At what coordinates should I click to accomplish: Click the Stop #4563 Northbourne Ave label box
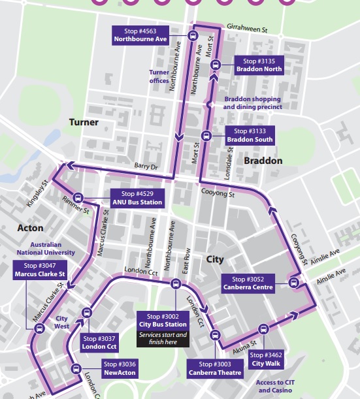pyautogui.click(x=140, y=35)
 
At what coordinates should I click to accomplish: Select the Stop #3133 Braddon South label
pyautogui.click(x=250, y=135)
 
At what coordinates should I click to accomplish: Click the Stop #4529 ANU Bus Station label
pyautogui.click(x=137, y=198)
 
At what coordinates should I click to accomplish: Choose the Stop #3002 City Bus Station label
pyautogui.click(x=163, y=320)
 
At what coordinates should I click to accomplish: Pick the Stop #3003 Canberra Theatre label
pyautogui.click(x=215, y=368)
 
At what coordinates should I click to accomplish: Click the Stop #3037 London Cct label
pyautogui.click(x=99, y=342)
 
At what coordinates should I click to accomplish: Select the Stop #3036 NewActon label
pyautogui.click(x=120, y=368)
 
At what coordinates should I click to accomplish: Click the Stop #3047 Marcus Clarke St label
pyautogui.click(x=40, y=270)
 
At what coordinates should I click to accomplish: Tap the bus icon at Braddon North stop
pyautogui.click(x=218, y=64)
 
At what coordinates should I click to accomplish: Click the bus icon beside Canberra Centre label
pyautogui.click(x=293, y=283)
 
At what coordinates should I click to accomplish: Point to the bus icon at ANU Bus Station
pyautogui.click(x=78, y=198)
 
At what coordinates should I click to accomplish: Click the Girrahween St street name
pyautogui.click(x=248, y=29)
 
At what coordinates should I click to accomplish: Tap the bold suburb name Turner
pyautogui.click(x=84, y=123)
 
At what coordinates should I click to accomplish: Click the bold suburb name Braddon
pyautogui.click(x=263, y=161)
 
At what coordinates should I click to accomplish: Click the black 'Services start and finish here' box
pyautogui.click(x=163, y=338)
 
